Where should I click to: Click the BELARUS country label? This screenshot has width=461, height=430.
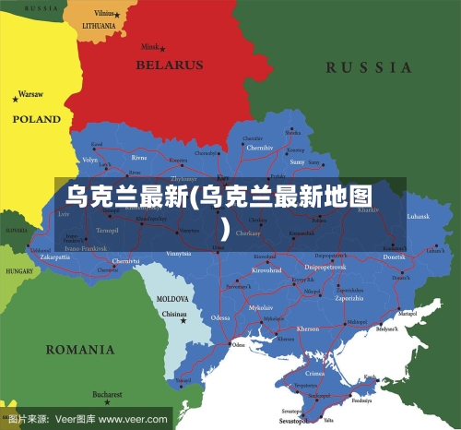pos(169,66)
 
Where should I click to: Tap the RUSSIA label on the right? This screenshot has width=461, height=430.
pos(369,67)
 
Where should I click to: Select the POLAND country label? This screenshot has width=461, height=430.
pos(36,119)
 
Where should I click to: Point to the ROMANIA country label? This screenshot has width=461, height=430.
pos(80,350)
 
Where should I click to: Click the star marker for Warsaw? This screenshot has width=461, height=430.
pos(16,95)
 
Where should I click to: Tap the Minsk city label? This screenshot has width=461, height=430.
pos(148,46)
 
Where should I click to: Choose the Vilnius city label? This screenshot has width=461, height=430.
pos(104,14)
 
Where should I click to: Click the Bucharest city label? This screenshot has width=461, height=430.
pos(107,395)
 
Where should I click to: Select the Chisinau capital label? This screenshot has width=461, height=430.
pos(174,314)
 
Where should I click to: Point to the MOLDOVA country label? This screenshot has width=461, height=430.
pos(172,299)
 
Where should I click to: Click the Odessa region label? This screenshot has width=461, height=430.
pos(220,317)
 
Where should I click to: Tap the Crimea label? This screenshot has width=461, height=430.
pos(315,374)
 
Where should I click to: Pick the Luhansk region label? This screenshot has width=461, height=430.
pos(418,216)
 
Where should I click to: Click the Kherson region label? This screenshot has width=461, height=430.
pos(308,328)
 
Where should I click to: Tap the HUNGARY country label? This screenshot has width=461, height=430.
pos(19,272)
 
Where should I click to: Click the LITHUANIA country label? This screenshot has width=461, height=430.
pos(99,26)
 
